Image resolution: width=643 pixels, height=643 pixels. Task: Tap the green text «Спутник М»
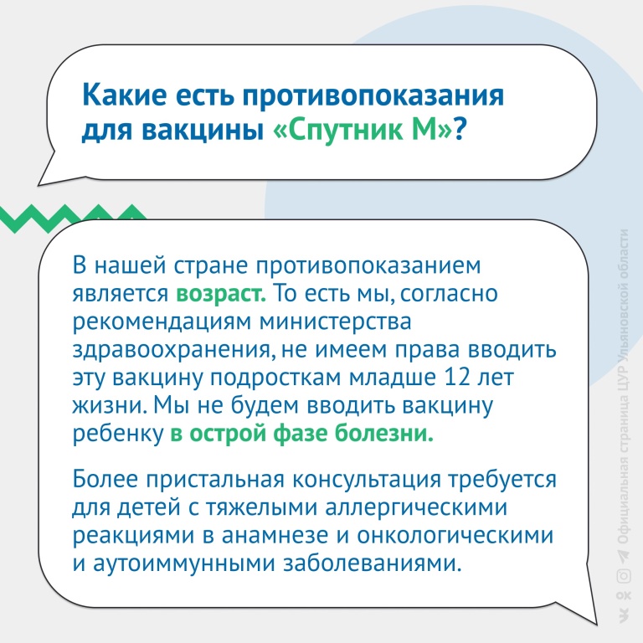(x=363, y=131)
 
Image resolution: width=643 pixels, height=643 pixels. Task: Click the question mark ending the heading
(x=460, y=130)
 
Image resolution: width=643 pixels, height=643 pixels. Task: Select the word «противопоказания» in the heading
(x=373, y=96)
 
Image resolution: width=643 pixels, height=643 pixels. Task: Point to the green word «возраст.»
(x=221, y=294)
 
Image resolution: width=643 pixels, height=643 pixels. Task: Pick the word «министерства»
(x=336, y=321)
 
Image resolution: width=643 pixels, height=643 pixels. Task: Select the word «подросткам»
(x=275, y=378)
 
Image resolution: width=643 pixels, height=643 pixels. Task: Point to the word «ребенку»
(x=118, y=434)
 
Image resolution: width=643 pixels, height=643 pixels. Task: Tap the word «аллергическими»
(x=416, y=507)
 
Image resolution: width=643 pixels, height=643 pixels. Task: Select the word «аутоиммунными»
(x=183, y=563)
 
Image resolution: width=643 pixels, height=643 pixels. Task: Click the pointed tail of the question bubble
(x=40, y=183)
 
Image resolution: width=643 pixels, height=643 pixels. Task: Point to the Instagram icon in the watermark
(x=623, y=576)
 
